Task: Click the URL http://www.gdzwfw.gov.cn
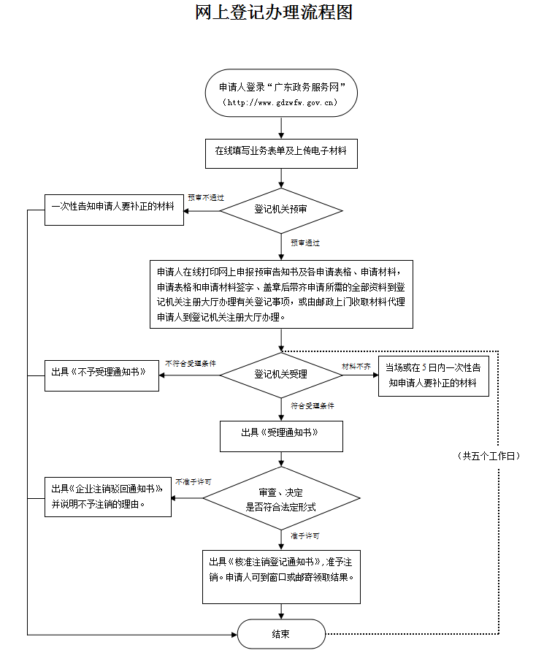tap(281, 102)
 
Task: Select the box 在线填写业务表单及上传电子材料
tap(281, 151)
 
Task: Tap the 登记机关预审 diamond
tap(281, 210)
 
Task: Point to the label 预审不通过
tap(206, 197)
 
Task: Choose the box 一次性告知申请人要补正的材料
tap(112, 207)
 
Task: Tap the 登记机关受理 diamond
tap(281, 375)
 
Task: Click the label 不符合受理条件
tap(191, 363)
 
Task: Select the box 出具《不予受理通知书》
tap(101, 372)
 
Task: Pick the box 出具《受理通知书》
tap(281, 432)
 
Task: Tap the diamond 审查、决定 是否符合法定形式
tap(281, 499)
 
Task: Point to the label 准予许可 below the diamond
tap(304, 535)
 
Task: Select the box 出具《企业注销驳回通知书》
tap(108, 496)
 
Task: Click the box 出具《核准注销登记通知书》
tap(281, 573)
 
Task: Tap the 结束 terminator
tap(281, 634)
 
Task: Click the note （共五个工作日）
tap(489, 456)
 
